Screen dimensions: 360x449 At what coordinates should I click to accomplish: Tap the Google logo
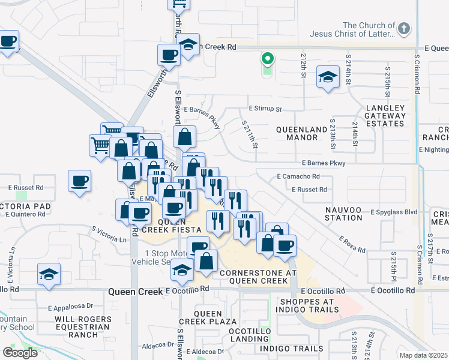(x=20, y=352)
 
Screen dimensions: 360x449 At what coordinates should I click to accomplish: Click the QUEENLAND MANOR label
(x=297, y=133)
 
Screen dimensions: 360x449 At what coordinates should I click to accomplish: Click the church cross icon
(x=404, y=28)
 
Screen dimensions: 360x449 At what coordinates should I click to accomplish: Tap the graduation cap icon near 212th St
(x=328, y=77)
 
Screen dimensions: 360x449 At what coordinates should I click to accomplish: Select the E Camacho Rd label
(x=298, y=176)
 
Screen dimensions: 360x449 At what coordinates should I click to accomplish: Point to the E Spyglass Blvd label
(x=394, y=212)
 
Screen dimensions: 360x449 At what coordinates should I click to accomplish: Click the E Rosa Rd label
(x=352, y=241)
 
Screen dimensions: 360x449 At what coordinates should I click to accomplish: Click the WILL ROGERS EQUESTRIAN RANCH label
(x=82, y=327)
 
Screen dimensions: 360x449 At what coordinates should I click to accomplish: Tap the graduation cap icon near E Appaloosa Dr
(x=49, y=274)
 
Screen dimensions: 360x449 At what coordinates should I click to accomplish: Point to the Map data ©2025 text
(x=424, y=355)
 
